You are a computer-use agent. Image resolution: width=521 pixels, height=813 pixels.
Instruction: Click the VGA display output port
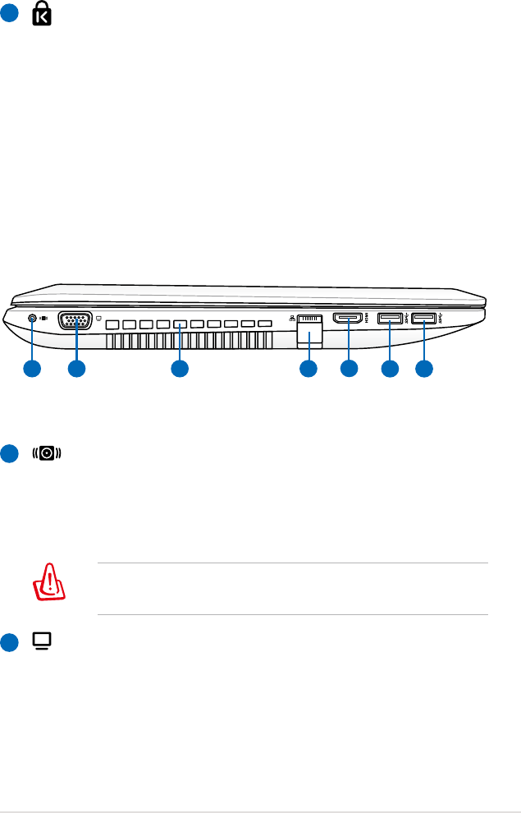click(x=75, y=322)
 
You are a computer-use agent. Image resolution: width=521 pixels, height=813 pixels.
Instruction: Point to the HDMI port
click(x=349, y=318)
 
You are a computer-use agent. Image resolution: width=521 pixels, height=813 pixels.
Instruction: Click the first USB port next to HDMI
click(x=389, y=318)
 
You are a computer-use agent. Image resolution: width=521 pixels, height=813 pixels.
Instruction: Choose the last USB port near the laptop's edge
click(x=425, y=318)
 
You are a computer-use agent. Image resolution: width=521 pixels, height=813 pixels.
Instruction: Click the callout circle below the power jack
click(x=32, y=370)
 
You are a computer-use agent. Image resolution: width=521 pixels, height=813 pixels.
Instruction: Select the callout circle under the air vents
click(x=180, y=370)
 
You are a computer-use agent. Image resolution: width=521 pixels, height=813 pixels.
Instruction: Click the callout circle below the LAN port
click(x=308, y=370)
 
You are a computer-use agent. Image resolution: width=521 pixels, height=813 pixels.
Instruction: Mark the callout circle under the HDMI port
click(x=349, y=370)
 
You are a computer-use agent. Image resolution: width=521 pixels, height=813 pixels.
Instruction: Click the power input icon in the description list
click(x=46, y=453)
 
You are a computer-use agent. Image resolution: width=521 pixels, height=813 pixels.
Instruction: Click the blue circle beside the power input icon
click(x=9, y=453)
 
